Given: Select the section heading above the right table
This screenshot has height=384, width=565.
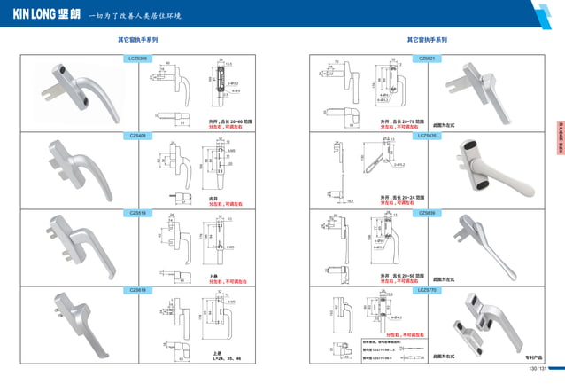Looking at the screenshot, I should click(427, 40).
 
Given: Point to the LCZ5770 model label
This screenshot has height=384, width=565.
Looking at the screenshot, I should click(426, 290).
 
